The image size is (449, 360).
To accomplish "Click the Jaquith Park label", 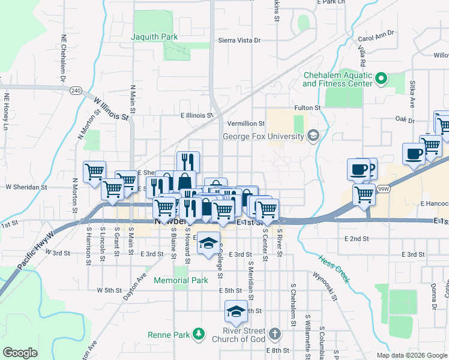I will click(x=155, y=37).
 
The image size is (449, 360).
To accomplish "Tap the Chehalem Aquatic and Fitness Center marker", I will click(x=381, y=78).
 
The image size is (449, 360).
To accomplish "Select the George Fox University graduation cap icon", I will click(x=312, y=136).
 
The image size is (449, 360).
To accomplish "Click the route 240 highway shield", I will click(x=75, y=90).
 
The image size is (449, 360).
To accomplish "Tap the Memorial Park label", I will click(x=181, y=280).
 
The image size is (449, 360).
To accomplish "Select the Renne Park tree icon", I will click(x=199, y=333).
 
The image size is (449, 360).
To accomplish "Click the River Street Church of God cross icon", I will click(x=274, y=333).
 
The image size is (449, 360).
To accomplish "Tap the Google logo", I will click(x=20, y=352).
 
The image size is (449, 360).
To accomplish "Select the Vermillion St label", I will click(x=245, y=123).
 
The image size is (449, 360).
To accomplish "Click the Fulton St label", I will click(x=307, y=107).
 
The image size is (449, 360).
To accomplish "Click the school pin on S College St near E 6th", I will click(x=236, y=311).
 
